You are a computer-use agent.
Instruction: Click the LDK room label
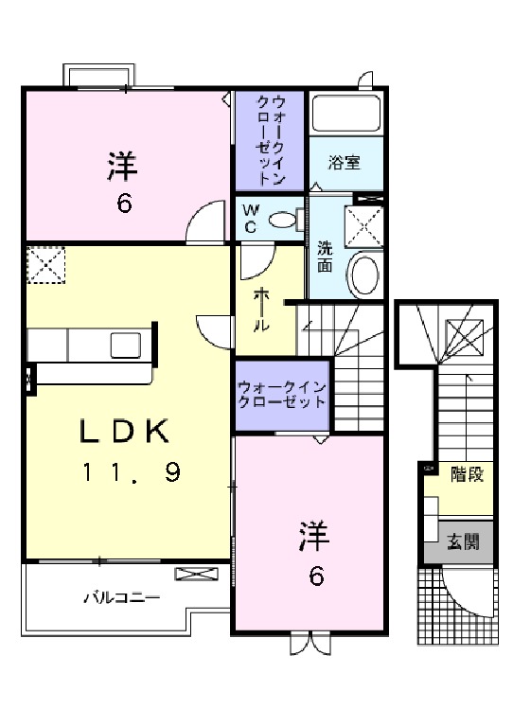click(x=123, y=432)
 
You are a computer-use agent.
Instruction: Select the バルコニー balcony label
click(x=120, y=597)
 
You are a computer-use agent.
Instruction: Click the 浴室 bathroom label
click(x=345, y=163)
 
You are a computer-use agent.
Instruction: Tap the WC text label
click(x=252, y=218)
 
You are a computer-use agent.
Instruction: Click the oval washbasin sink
click(x=363, y=274)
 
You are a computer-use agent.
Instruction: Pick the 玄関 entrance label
click(x=463, y=542)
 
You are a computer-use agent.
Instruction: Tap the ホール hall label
click(x=261, y=309)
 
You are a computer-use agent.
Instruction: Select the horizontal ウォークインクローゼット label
click(x=282, y=393)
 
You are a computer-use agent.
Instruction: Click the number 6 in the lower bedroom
click(x=316, y=575)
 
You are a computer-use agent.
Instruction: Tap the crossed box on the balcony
click(x=196, y=574)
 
